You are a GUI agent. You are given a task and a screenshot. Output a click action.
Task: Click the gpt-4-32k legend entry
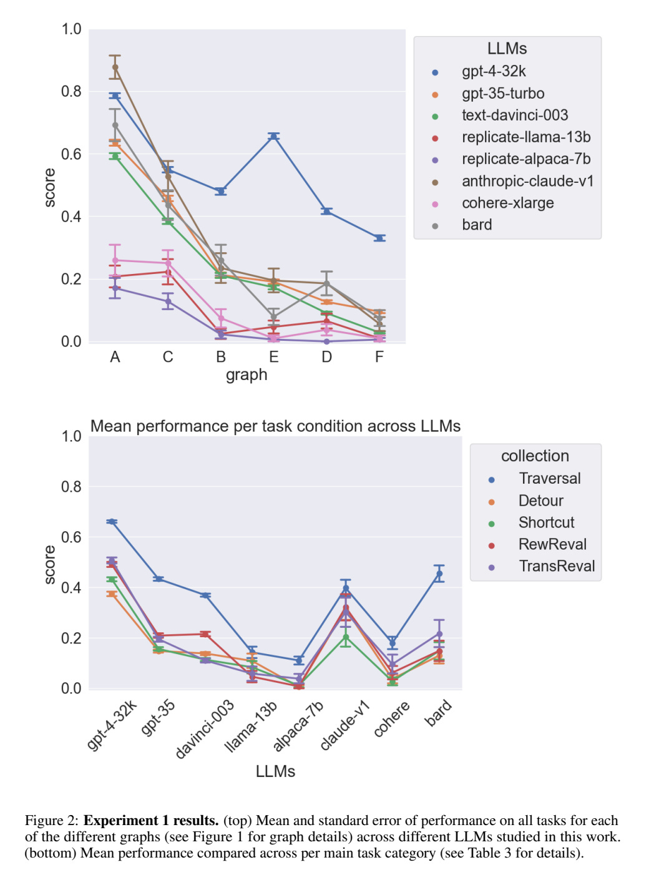[x=493, y=72]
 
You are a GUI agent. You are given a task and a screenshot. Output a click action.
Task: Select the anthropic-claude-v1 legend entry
[x=527, y=182]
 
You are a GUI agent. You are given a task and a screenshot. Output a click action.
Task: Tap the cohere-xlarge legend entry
[x=507, y=203]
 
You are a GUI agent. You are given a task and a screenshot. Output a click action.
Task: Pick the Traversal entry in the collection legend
[x=549, y=479]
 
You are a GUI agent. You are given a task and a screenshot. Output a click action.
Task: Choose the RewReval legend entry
[x=552, y=545]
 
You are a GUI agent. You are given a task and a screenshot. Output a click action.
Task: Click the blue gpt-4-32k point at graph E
[x=274, y=136]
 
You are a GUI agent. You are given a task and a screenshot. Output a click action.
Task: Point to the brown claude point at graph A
[x=115, y=67]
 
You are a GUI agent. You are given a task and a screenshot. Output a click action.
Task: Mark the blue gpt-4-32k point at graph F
[x=379, y=238]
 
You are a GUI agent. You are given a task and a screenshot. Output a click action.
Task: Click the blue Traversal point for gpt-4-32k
[x=112, y=522]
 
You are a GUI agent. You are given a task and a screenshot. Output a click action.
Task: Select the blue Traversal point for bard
[x=439, y=574]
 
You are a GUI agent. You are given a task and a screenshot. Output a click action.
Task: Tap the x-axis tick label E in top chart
[x=274, y=357]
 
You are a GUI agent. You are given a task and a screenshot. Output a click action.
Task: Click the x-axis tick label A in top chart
[x=115, y=357]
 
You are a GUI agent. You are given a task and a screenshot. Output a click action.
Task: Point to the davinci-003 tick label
[x=205, y=728]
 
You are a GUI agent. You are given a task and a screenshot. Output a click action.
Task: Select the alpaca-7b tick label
[x=299, y=726]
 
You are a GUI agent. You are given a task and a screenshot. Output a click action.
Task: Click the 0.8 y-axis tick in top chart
[x=71, y=92]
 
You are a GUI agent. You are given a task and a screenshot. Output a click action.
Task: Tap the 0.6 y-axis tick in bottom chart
[x=71, y=537]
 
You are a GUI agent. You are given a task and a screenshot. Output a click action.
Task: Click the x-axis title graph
[x=247, y=375]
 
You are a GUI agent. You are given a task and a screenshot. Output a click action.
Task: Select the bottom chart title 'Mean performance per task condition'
[x=275, y=426]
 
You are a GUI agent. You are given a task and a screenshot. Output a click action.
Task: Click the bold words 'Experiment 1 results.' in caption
[x=151, y=821]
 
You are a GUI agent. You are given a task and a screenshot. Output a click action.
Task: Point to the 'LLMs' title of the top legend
[x=507, y=49]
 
